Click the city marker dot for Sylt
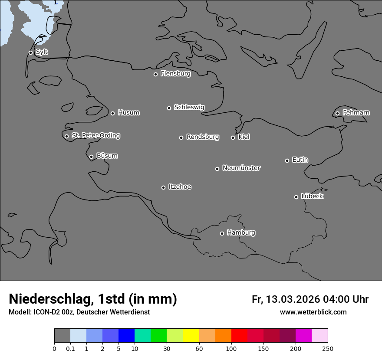pos(30,52)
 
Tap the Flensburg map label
pos(175,74)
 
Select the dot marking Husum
pos(112,113)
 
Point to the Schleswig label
pos(189,107)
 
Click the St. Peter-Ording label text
pos(95,136)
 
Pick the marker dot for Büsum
pos(91,157)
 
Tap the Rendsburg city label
pos(203,137)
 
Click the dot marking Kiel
pos(233,137)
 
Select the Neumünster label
pos(241,168)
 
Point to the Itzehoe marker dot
pos(163,187)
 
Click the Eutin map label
pos(300,160)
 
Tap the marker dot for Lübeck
pos(296,197)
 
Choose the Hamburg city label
pos(241,233)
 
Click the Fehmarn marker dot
pos(337,113)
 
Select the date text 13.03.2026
pos(293,299)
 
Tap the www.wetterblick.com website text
pos(313,312)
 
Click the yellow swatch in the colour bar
pos(191,336)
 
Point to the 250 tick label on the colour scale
pos(328,349)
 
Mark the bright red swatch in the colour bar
pos(239,336)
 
